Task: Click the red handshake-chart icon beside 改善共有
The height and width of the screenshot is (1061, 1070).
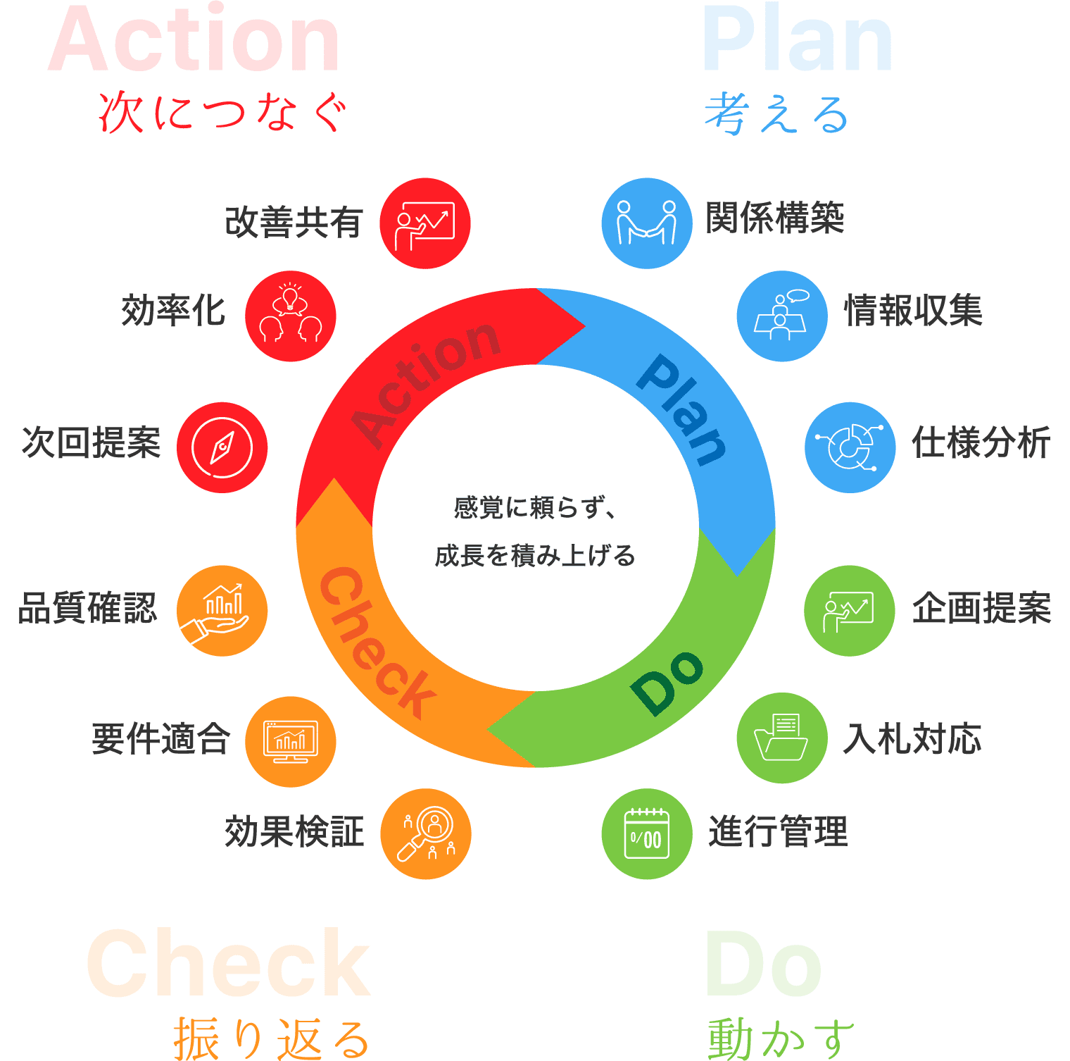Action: pyautogui.click(x=425, y=223)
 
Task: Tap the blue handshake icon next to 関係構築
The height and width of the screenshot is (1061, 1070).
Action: pyautogui.click(x=647, y=223)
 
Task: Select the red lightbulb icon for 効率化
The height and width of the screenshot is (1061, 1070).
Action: pyautogui.click(x=291, y=316)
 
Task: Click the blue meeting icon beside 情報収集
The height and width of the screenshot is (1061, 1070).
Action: pyautogui.click(x=782, y=316)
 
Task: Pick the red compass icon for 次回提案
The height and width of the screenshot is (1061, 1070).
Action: pyautogui.click(x=222, y=447)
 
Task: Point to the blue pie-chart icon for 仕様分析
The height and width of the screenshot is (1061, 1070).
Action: pyautogui.click(x=850, y=447)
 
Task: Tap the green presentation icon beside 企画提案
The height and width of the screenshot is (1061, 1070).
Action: pyautogui.click(x=850, y=611)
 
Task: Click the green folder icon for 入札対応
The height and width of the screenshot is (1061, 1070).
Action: pyautogui.click(x=782, y=738)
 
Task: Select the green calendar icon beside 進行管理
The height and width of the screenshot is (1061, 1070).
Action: pyautogui.click(x=647, y=833)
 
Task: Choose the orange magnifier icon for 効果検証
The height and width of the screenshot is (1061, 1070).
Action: pyautogui.click(x=426, y=833)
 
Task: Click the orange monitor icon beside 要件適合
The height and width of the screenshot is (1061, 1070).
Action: pyautogui.click(x=291, y=742)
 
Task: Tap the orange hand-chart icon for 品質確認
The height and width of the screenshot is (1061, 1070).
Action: pyautogui.click(x=222, y=611)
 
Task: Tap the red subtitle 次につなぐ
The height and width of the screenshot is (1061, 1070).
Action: pyautogui.click(x=223, y=113)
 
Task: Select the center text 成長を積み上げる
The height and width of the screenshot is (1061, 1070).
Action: pyautogui.click(x=535, y=556)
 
